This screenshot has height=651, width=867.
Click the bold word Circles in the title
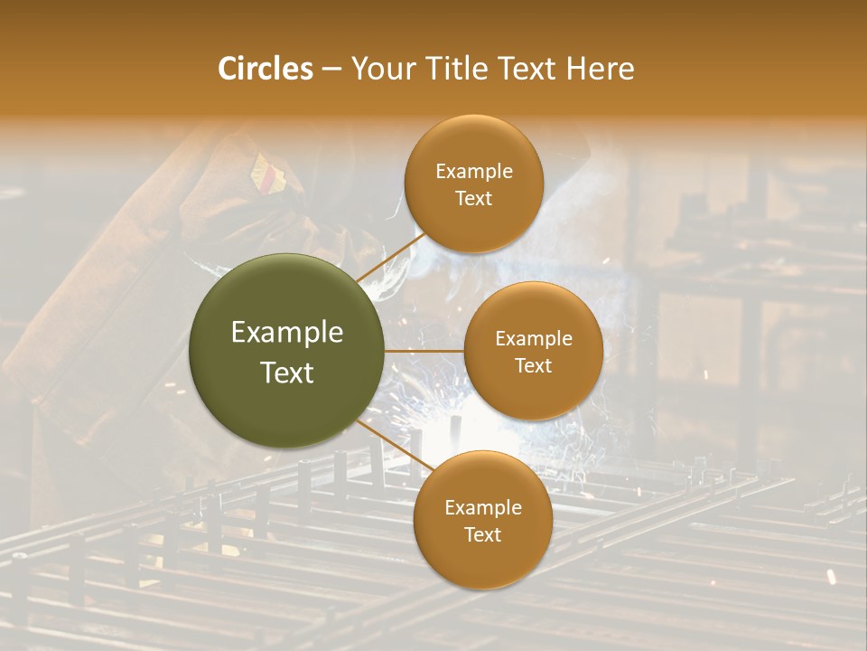(265, 69)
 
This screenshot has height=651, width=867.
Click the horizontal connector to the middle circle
(424, 351)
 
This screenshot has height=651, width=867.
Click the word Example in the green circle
(287, 333)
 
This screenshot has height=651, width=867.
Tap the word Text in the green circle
(287, 373)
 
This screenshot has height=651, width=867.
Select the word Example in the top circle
(474, 172)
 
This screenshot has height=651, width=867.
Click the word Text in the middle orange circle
(533, 366)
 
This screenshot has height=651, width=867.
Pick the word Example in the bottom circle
(482, 508)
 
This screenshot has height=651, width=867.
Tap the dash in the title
(331, 69)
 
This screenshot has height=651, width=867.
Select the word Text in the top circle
(474, 199)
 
